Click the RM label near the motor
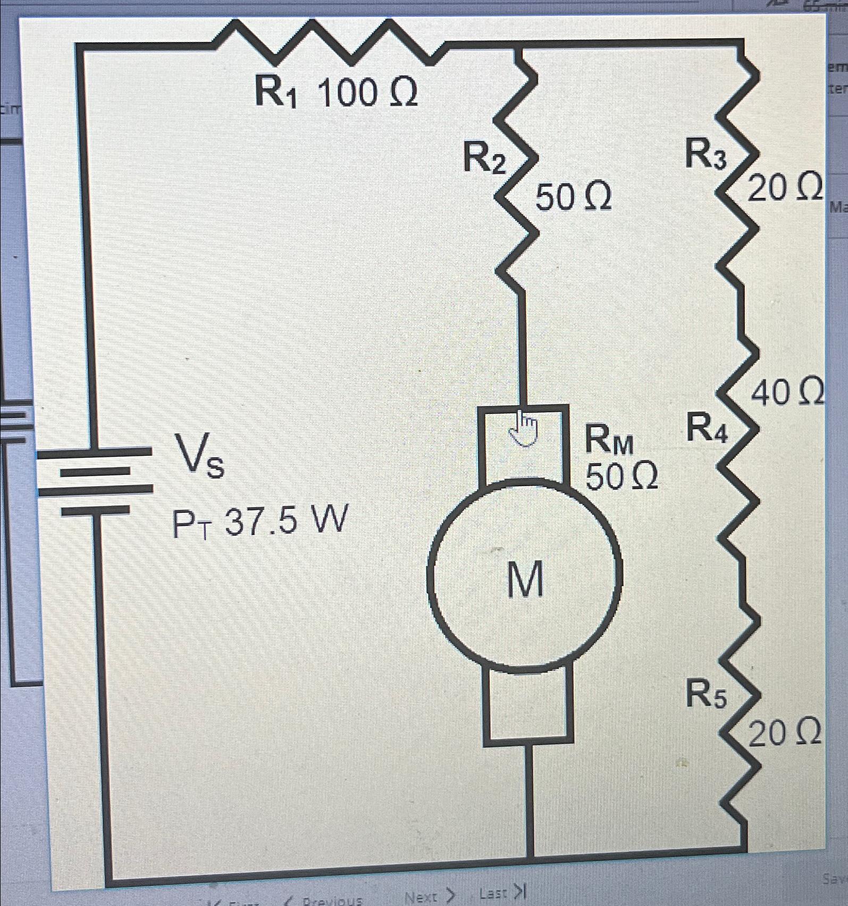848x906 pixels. [x=609, y=442]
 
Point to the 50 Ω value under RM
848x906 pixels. [x=621, y=477]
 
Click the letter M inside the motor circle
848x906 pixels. [x=525, y=580]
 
